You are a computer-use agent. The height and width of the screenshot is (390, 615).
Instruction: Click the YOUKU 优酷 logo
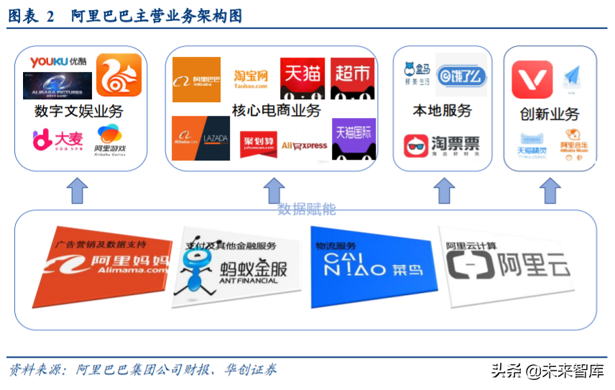tap(58, 63)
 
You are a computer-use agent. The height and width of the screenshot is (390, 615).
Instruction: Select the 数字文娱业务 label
tap(78, 112)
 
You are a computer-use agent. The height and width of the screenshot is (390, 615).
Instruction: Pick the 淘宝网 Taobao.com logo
tap(251, 78)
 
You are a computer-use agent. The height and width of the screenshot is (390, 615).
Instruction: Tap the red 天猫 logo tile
tap(302, 78)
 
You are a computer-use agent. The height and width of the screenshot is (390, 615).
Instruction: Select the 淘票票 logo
tap(441, 146)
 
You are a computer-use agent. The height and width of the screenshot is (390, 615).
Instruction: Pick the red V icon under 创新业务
tap(532, 79)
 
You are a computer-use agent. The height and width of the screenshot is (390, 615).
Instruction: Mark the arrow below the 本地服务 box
tap(444, 191)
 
